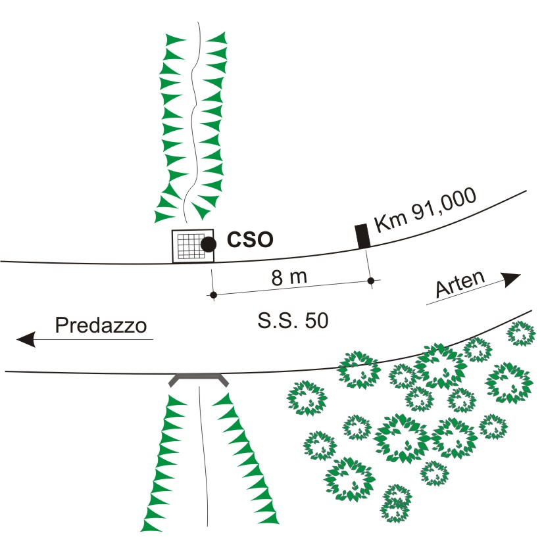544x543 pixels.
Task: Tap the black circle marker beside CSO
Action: point(208,245)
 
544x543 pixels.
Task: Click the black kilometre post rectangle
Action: point(361,236)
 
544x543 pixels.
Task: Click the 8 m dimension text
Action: point(289,277)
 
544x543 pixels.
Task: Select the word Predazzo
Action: point(100,326)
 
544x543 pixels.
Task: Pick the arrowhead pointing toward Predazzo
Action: point(26,339)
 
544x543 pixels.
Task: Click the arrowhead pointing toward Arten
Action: point(511,278)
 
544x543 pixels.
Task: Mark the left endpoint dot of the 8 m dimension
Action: point(212,296)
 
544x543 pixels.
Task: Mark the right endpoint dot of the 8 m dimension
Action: point(371,281)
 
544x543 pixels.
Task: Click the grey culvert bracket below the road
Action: point(199,378)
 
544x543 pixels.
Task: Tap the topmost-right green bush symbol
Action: point(520,333)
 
